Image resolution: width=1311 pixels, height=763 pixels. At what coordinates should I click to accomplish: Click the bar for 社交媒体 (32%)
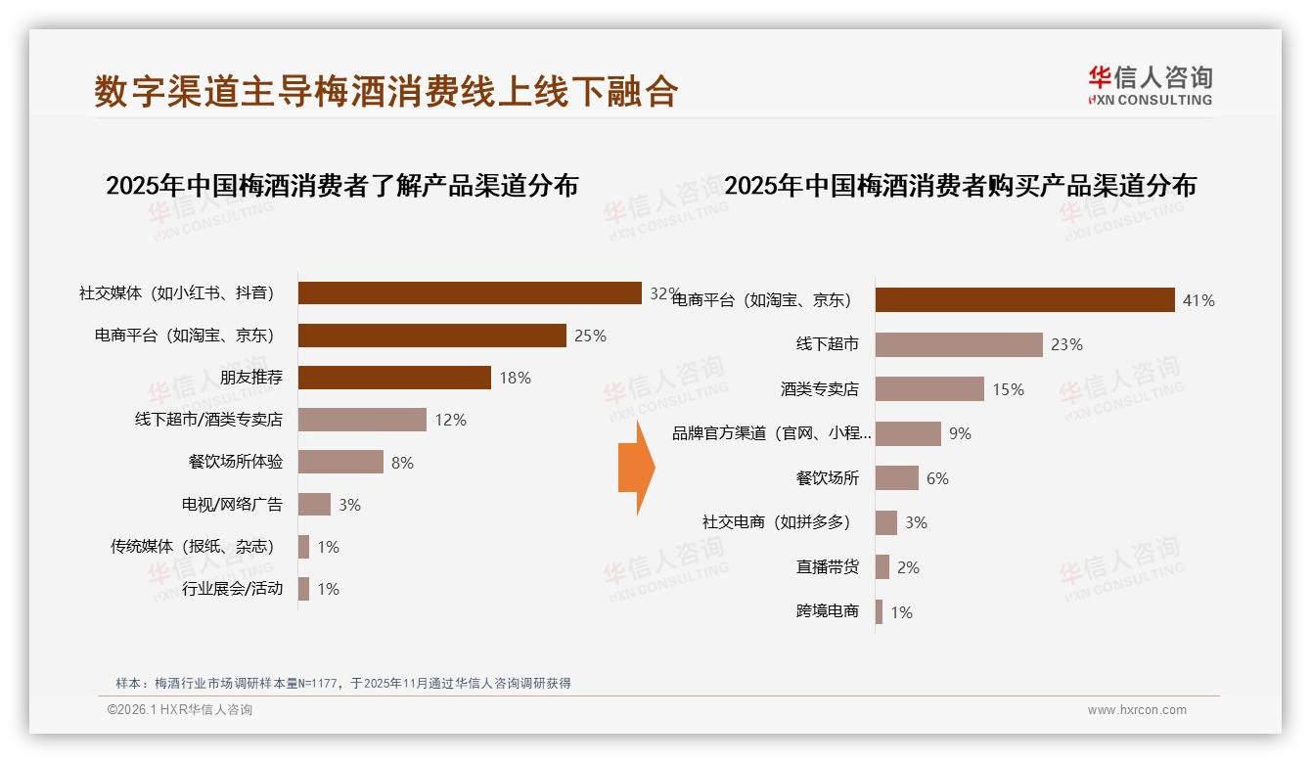pos(470,293)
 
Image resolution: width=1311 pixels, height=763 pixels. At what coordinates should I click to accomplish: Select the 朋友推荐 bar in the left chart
pos(394,378)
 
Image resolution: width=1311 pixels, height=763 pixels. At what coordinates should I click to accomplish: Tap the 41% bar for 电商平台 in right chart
pos(1024,300)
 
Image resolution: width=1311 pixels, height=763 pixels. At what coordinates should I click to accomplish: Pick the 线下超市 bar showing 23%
pos(959,344)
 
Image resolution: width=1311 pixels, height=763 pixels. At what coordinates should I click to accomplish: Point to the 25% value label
pos(590,336)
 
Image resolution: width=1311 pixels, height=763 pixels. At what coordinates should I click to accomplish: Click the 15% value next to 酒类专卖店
pos(1008,389)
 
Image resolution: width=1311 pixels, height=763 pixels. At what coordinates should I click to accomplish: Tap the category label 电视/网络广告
pos(232,505)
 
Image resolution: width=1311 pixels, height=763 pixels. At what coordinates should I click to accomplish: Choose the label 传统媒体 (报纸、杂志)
pos(193,547)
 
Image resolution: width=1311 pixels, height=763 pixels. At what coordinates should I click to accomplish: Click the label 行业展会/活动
pos(232,589)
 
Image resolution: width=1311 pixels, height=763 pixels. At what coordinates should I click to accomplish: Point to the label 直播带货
pos(828,567)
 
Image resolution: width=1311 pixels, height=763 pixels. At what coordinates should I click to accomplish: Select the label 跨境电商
pos(828,612)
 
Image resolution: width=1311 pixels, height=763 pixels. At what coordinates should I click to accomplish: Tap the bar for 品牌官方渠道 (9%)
pos(908,433)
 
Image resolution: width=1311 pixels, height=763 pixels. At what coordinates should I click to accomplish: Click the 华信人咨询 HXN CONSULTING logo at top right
pos(1150,85)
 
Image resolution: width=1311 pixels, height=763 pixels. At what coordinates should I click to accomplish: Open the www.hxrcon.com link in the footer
pos(1137,710)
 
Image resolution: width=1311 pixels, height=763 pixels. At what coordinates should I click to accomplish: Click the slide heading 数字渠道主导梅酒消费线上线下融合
pos(386,91)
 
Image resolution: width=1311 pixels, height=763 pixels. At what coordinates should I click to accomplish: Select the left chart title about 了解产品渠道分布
pos(341,185)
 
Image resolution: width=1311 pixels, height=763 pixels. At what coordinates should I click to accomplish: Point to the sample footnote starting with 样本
pos(342,684)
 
